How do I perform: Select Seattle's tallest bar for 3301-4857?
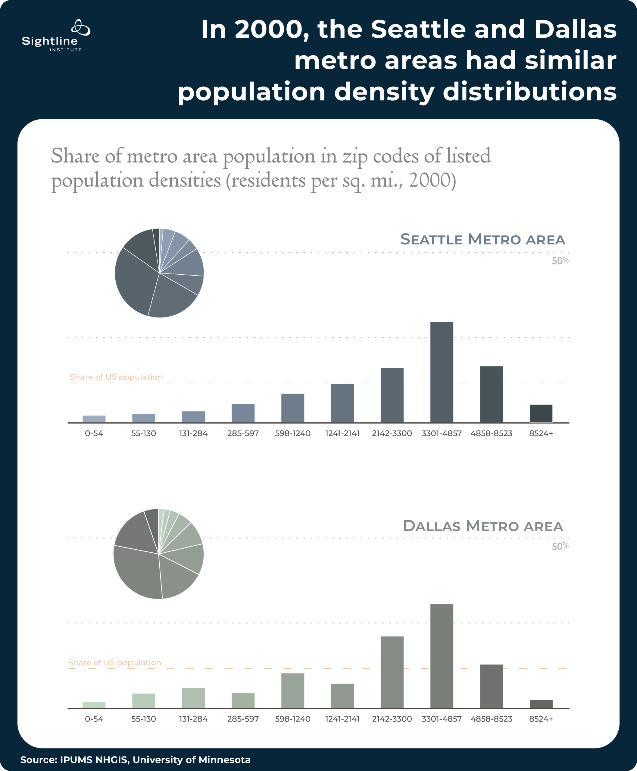pyautogui.click(x=442, y=372)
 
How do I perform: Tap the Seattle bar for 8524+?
pyautogui.click(x=541, y=413)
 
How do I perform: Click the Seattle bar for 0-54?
pyautogui.click(x=94, y=419)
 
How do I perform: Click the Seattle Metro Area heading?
pyautogui.click(x=482, y=239)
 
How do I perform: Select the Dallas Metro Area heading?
pyautogui.click(x=482, y=526)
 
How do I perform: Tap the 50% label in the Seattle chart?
pyautogui.click(x=560, y=261)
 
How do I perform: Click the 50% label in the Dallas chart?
pyautogui.click(x=560, y=546)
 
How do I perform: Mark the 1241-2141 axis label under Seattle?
pyautogui.click(x=342, y=433)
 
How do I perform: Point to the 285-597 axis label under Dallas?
pyautogui.click(x=243, y=719)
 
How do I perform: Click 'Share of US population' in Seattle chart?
pyautogui.click(x=116, y=377)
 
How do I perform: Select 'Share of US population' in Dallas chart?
pyautogui.click(x=114, y=662)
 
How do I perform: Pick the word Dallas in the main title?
pyautogui.click(x=575, y=29)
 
